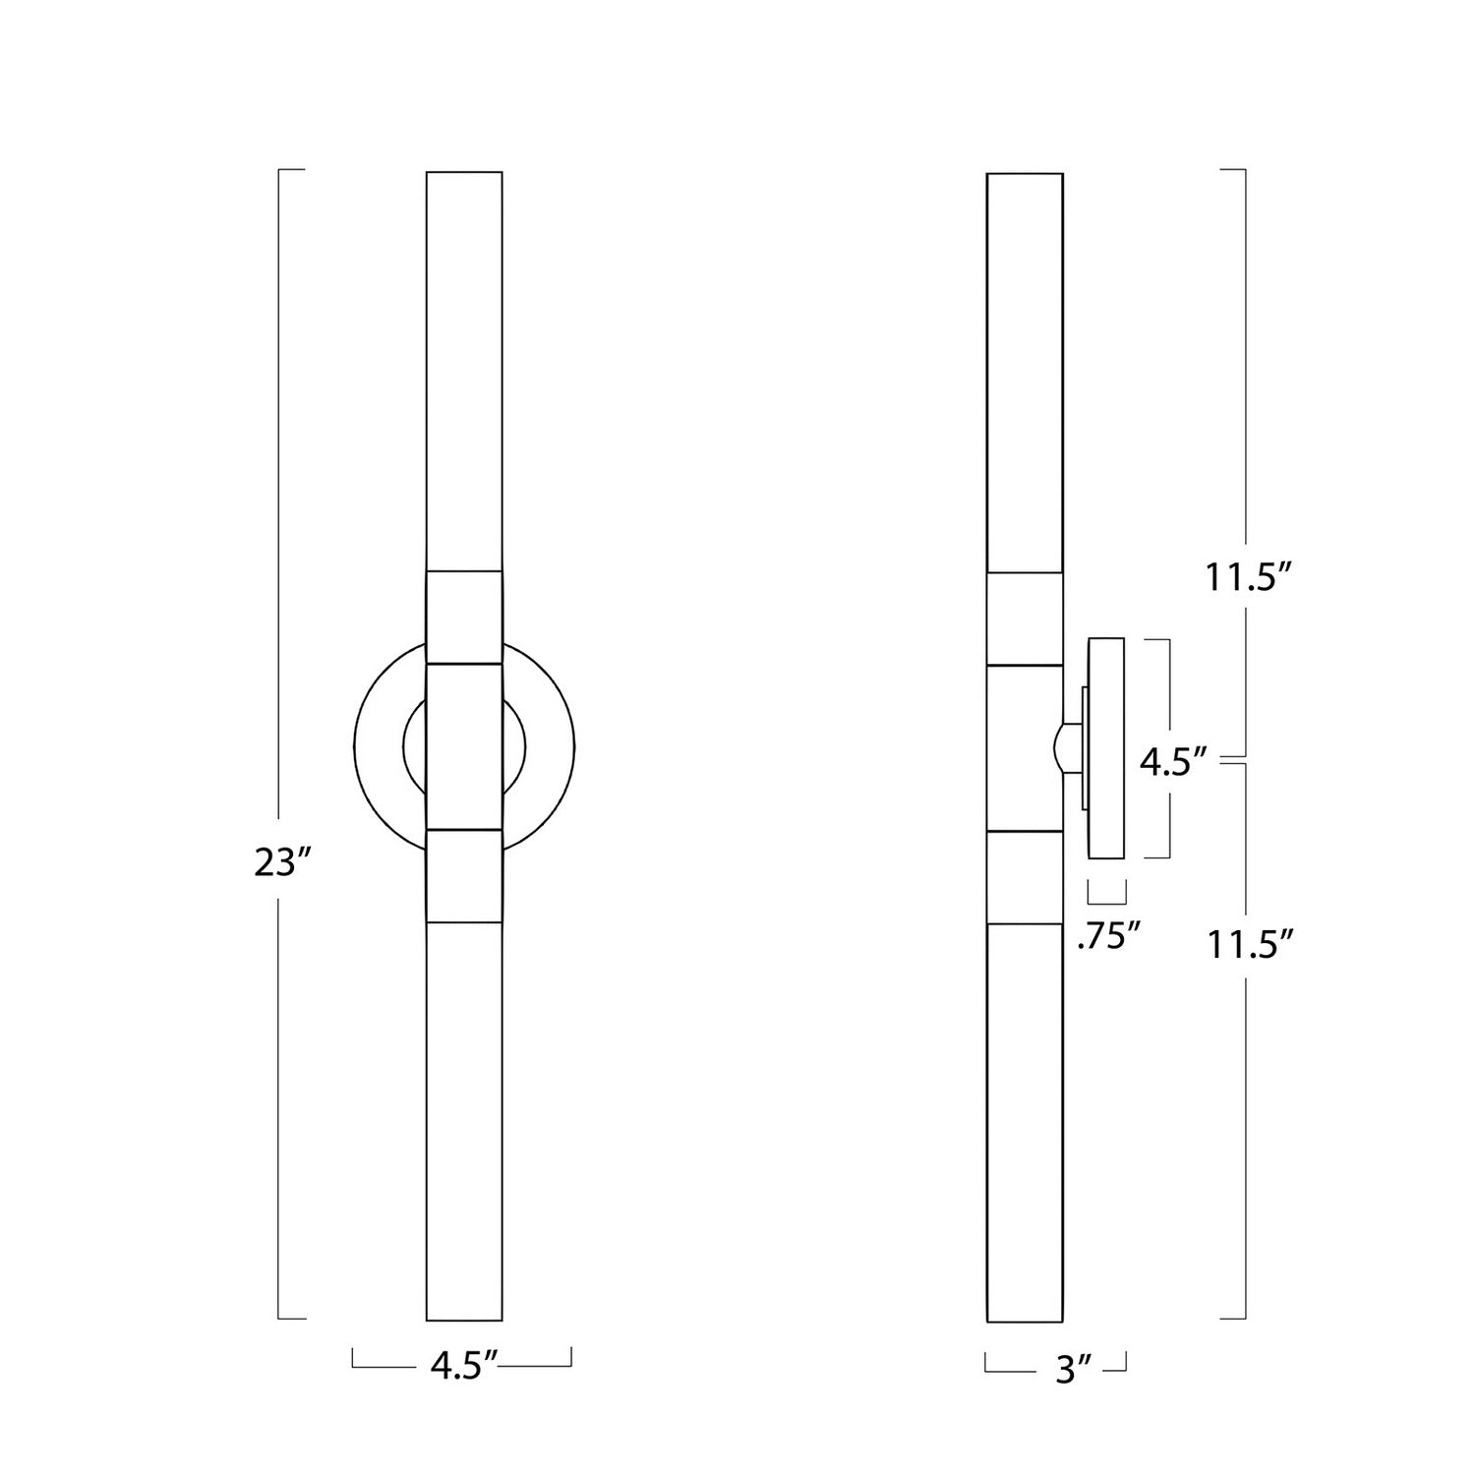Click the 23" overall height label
(x=282, y=863)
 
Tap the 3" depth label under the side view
(x=1068, y=1369)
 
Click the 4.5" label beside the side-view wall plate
(x=1172, y=762)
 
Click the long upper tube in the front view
(x=464, y=372)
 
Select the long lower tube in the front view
(x=464, y=1121)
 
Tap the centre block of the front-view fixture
(x=464, y=746)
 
